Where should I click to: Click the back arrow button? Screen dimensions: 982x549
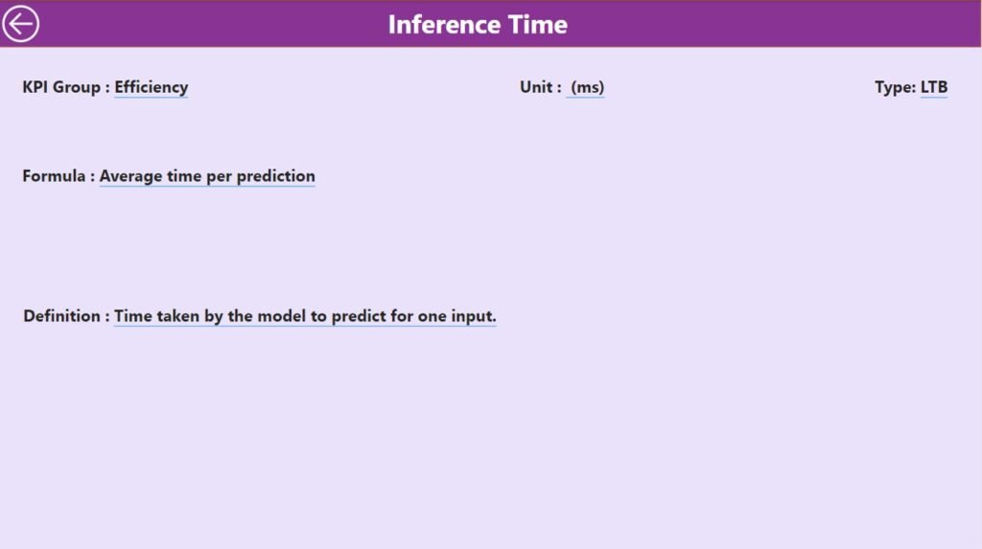(20, 24)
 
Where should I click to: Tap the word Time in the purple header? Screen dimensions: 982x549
(537, 24)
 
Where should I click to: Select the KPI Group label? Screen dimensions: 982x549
(66, 87)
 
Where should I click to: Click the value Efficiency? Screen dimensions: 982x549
(151, 87)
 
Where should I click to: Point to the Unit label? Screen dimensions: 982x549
(540, 87)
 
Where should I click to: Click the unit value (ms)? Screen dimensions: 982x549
(587, 87)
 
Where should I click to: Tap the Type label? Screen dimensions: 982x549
(895, 87)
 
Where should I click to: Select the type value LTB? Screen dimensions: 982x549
(934, 87)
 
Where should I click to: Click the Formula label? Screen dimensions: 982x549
(58, 176)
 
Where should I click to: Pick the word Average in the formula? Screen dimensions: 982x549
(130, 176)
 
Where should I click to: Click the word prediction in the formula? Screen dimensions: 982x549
(275, 176)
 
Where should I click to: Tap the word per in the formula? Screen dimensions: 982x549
(220, 177)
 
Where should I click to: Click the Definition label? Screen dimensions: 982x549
(66, 316)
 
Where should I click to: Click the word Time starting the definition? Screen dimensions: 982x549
(132, 316)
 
